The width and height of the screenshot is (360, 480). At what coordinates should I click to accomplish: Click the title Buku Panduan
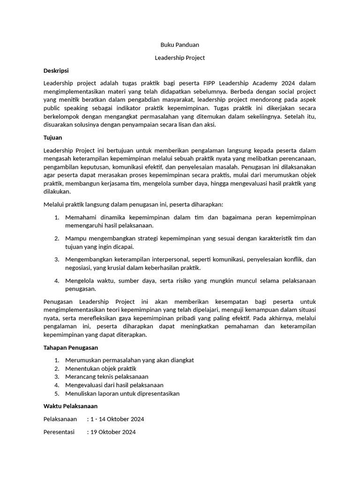click(180, 45)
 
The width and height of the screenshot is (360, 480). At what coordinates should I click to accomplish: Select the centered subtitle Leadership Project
click(180, 58)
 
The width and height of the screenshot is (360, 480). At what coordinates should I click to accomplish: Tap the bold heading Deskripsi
click(56, 70)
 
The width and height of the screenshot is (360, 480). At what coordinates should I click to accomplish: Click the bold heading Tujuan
click(52, 138)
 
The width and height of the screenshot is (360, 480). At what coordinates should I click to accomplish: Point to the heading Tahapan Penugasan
click(70, 348)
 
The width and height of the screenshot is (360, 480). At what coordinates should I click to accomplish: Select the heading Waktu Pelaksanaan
click(70, 406)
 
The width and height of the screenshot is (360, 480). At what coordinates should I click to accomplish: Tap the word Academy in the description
click(274, 83)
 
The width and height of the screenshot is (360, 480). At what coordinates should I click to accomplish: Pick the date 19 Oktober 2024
click(113, 432)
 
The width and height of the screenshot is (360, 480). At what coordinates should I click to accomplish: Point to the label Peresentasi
click(59, 432)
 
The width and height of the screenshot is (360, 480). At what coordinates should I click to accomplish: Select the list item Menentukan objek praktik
click(101, 368)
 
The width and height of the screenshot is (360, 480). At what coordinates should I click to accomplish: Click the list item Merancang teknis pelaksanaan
click(107, 377)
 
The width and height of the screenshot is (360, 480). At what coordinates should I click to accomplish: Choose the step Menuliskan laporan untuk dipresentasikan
click(122, 394)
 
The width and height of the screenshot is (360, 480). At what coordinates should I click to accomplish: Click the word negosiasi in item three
click(79, 268)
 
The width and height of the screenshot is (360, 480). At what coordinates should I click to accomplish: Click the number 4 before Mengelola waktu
click(56, 281)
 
